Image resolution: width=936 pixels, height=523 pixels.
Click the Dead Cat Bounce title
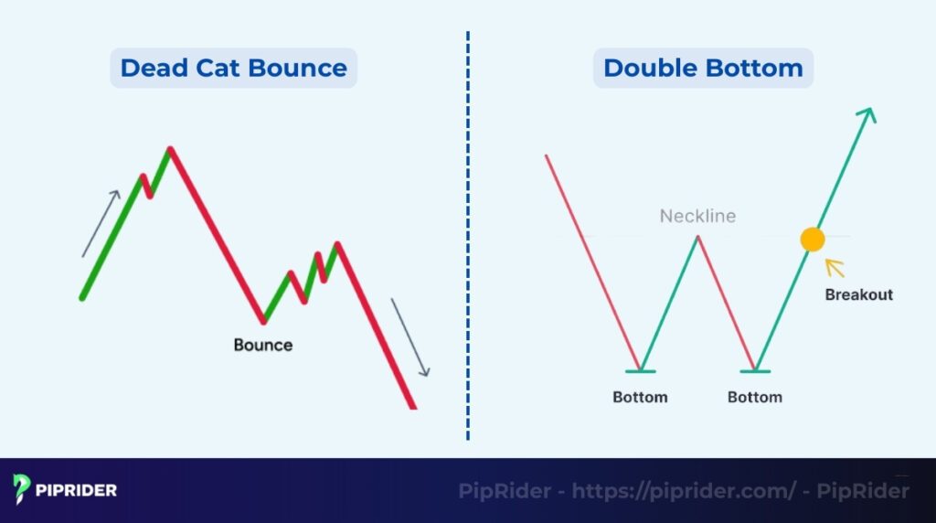[x=233, y=69]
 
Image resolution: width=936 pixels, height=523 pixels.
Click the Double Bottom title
[x=703, y=69]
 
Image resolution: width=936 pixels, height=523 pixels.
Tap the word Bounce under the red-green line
[x=263, y=345]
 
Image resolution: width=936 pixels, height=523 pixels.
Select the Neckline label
[x=697, y=217]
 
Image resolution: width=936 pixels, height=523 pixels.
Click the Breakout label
[x=858, y=294]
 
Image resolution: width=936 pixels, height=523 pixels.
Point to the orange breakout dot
[x=812, y=240]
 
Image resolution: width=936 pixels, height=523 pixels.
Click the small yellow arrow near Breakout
[x=834, y=268]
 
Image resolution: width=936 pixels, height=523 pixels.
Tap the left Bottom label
[x=640, y=397]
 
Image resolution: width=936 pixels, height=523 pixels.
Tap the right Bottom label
[x=755, y=397]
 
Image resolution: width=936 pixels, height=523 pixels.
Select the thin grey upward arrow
[x=101, y=223]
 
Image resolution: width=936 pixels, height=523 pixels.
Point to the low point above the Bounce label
[x=263, y=321]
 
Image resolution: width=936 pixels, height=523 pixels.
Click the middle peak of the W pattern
[x=697, y=237]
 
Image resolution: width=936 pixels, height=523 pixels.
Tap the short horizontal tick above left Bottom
[x=640, y=370]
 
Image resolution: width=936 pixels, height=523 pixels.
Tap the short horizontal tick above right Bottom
[x=755, y=370]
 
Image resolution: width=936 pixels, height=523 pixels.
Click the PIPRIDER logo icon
[x=23, y=489]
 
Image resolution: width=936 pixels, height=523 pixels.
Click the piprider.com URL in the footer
[x=684, y=491]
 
